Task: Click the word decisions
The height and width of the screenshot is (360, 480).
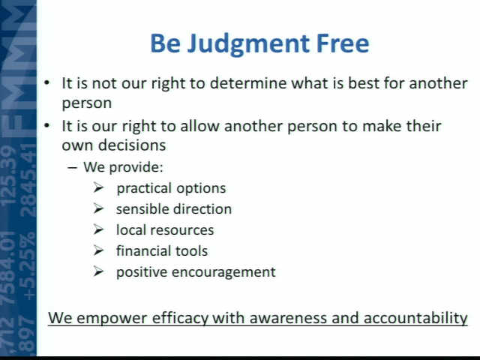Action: click(132, 145)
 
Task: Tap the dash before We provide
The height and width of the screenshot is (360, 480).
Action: click(72, 168)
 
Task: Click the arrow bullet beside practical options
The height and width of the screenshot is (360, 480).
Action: click(98, 187)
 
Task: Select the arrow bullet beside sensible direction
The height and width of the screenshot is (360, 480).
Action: click(98, 208)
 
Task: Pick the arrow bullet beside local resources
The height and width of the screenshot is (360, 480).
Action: click(98, 229)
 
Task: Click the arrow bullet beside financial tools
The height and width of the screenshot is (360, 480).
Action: click(98, 250)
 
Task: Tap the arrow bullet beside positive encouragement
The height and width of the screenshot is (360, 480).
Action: click(98, 271)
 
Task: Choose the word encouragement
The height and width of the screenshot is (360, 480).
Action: click(223, 272)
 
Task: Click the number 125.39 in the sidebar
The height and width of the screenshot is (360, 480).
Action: click(8, 175)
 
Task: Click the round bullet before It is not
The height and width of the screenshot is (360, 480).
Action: click(46, 83)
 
